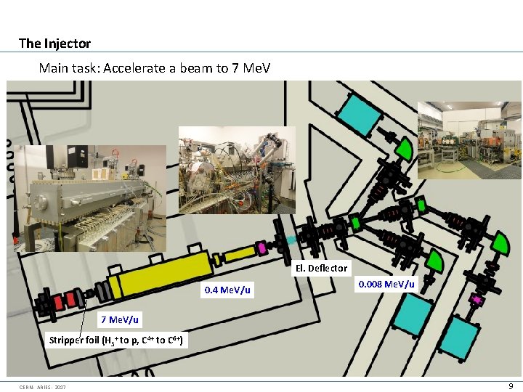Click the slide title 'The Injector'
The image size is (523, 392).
click(54, 43)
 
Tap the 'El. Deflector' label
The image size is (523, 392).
click(321, 268)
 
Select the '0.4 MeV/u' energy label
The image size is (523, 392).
click(227, 290)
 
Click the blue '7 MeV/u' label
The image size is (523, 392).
click(121, 319)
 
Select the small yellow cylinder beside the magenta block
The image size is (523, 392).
click(237, 253)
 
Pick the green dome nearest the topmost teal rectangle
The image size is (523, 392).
click(402, 149)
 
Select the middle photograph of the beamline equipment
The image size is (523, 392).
click(237, 170)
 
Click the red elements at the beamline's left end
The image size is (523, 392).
click(65, 298)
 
